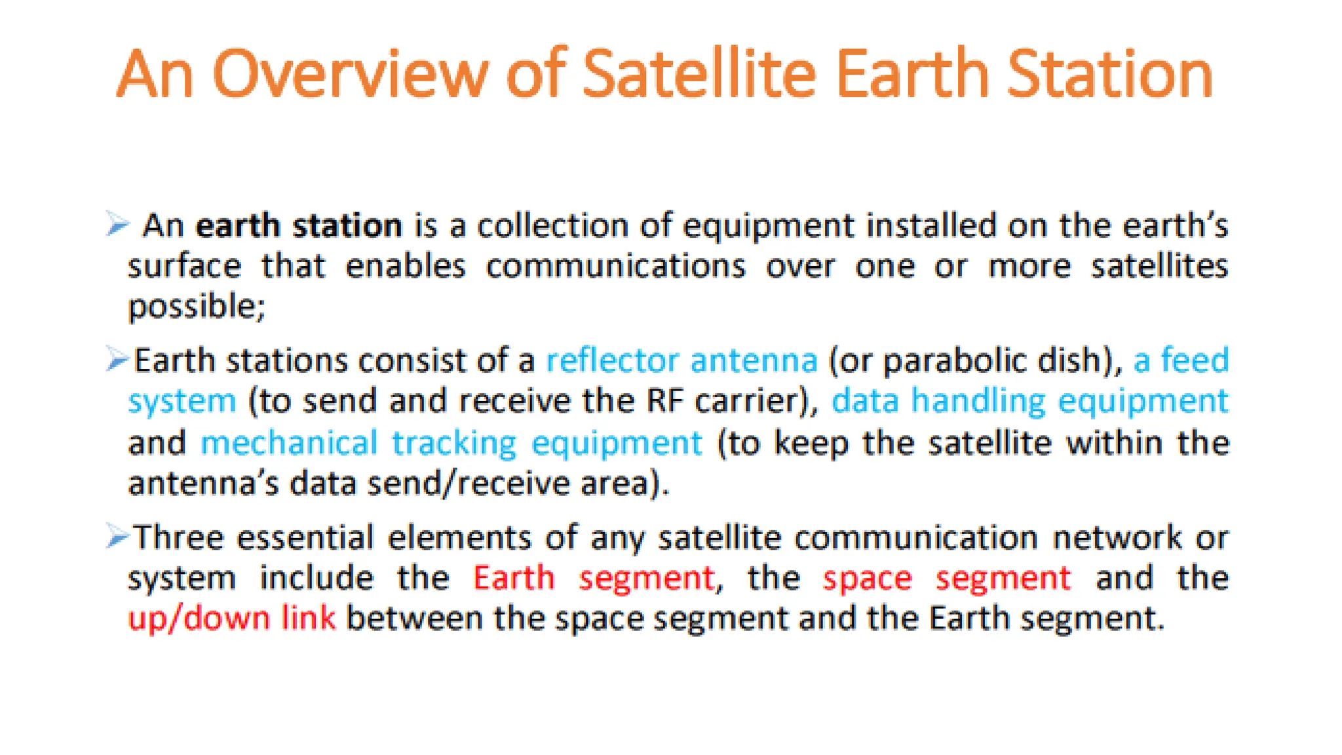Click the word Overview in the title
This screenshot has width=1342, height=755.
coord(350,74)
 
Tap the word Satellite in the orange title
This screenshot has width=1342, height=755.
coord(699,74)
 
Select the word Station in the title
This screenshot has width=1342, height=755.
coord(1109,74)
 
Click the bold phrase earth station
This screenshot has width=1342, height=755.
coord(299,225)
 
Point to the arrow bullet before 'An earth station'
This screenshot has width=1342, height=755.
coord(118,224)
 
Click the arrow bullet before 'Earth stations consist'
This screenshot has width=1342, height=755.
coord(117,359)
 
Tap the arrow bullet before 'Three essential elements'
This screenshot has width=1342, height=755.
coord(117,536)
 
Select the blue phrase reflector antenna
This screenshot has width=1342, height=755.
coord(682,360)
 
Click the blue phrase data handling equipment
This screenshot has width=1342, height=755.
coord(1029,401)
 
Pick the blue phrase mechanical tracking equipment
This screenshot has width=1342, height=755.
coord(451,443)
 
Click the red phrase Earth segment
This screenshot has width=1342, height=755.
coord(594,578)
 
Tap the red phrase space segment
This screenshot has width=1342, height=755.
coord(947,578)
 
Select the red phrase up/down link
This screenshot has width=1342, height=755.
coord(232,618)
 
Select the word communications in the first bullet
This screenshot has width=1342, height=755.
coord(615,266)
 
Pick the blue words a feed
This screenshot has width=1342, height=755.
coord(1181,360)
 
